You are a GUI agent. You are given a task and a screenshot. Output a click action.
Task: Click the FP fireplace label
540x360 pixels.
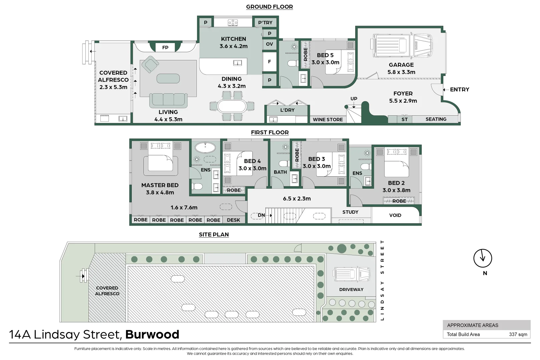click(x=165, y=47)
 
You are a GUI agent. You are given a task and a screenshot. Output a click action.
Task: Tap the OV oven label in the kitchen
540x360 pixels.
click(x=269, y=44)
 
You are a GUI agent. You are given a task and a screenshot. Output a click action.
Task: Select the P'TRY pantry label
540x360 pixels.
click(x=265, y=23)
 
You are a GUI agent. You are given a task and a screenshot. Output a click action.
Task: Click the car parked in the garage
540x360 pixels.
click(x=402, y=45)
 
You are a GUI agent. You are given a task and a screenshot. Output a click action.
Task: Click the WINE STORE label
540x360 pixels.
click(x=328, y=120)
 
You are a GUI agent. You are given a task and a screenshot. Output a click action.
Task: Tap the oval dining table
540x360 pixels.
click(x=232, y=106)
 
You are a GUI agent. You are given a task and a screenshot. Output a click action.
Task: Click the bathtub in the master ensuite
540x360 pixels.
click(x=205, y=147)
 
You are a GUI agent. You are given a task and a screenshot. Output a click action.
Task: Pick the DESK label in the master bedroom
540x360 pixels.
click(x=233, y=220)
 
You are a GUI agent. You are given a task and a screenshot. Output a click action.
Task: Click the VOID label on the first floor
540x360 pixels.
click(x=395, y=215)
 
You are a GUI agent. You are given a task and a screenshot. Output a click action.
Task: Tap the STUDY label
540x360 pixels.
click(x=350, y=212)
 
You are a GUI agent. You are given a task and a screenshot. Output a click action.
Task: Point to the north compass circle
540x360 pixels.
click(x=483, y=258)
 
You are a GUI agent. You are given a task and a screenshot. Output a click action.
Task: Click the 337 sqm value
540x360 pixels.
click(x=518, y=334)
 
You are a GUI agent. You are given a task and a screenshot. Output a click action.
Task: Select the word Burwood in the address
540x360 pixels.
click(x=152, y=334)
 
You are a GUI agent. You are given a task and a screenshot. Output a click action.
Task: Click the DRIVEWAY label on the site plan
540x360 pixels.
click(x=351, y=289)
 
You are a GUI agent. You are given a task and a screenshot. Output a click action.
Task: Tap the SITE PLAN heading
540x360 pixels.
click(x=214, y=234)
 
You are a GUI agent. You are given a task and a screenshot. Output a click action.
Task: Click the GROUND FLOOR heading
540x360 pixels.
click(x=269, y=7)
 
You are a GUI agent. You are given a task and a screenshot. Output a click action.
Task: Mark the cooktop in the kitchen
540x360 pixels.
click(x=233, y=23)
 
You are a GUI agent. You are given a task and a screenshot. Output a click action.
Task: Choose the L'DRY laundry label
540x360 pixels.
click(x=288, y=110)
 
